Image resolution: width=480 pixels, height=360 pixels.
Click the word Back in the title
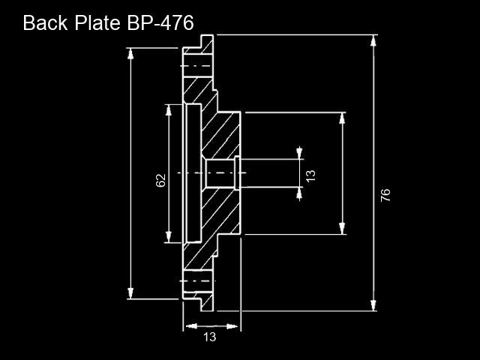pos(45,23)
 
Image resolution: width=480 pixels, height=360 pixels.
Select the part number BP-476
pos(160,23)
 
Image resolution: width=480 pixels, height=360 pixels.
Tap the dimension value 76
pos(385,195)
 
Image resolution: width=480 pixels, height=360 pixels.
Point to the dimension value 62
pos(160,180)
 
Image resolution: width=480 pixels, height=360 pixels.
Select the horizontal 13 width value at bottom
pos(210,337)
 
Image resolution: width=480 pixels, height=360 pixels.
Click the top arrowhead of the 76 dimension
pos(373,41)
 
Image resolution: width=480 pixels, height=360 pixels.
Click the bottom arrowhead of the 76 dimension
pos(373,305)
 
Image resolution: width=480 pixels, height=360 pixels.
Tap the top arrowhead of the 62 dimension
pos(168,110)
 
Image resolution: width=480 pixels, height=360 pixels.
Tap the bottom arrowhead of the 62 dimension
pos(168,237)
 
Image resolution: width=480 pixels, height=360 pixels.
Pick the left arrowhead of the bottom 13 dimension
pos(192,326)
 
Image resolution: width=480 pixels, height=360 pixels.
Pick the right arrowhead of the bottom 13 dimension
pos(232,326)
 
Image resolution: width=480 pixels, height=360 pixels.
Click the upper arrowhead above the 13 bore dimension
pos(299,153)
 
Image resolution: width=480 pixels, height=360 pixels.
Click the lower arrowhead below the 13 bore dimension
pos(299,194)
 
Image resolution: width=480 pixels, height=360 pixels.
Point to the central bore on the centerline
pos(220,173)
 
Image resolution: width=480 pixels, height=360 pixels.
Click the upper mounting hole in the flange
pos(198,66)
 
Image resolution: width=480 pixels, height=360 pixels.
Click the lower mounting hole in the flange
pos(198,281)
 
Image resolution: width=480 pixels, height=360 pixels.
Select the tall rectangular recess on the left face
pos(193,173)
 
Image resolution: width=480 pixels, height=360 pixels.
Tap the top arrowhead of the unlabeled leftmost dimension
pos(130,54)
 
